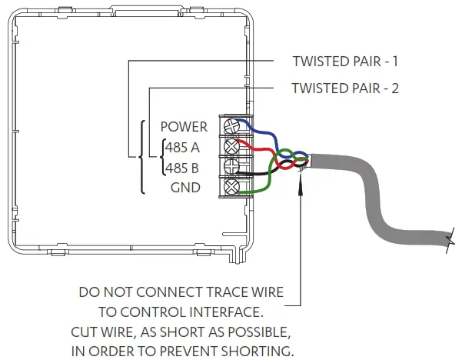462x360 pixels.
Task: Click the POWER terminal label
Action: [184, 126]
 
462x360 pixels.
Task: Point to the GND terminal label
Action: [185, 186]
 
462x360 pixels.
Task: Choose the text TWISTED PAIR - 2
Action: [345, 88]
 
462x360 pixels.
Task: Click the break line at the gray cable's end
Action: [448, 243]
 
